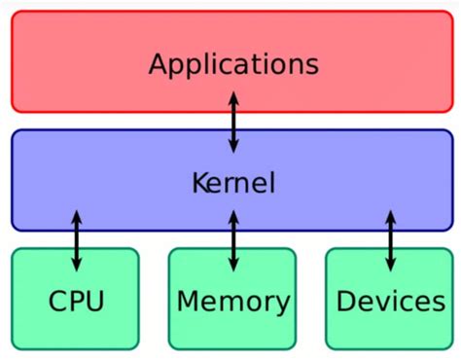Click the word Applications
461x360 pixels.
point(233,65)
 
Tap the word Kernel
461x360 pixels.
point(233,183)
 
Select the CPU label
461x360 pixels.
point(77,302)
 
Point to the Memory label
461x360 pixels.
point(232,302)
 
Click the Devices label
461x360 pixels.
point(390,302)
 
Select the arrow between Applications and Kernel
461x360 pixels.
point(233,121)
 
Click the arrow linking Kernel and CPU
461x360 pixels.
point(77,239)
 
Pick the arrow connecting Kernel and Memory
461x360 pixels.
point(232,239)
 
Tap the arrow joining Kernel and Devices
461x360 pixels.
point(391,239)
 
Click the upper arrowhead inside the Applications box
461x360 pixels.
point(233,96)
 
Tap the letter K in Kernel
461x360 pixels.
point(198,183)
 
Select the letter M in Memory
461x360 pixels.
point(189,302)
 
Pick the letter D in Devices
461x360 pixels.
point(347,302)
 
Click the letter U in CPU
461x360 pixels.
point(94,302)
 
